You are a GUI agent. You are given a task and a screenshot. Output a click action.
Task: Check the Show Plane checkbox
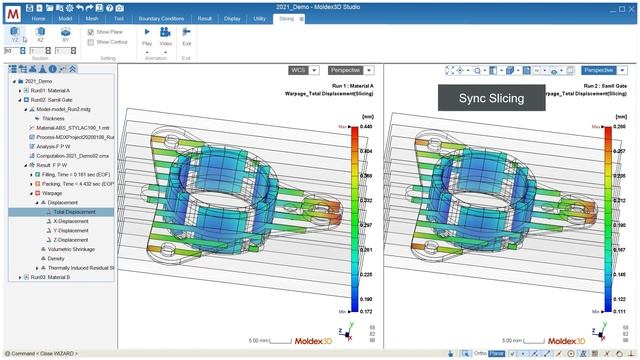tap(92, 32)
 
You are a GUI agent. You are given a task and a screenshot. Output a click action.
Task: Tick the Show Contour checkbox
tap(92, 42)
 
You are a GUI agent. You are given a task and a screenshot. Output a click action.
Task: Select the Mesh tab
tap(92, 18)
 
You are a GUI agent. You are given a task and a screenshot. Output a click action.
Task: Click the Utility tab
tap(260, 18)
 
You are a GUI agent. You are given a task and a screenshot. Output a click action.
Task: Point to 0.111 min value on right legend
tap(620, 310)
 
